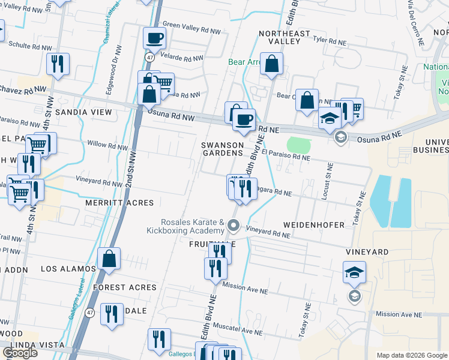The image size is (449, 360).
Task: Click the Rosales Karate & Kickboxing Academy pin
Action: click(x=234, y=227)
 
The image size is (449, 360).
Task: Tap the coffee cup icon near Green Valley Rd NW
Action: click(x=154, y=38)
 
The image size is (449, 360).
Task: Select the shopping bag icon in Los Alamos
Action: click(x=109, y=259)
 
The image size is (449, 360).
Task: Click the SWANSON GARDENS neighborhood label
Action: click(x=222, y=149)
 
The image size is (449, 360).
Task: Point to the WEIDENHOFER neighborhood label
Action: click(x=319, y=225)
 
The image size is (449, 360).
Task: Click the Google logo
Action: click(x=20, y=353)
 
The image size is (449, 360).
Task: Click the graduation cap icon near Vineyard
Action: click(x=354, y=274)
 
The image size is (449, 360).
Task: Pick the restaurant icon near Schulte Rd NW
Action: click(x=58, y=64)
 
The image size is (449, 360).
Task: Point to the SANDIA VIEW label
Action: click(x=80, y=112)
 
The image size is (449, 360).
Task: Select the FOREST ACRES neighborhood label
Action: click(x=124, y=287)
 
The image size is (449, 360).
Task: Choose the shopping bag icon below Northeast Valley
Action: click(x=271, y=64)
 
